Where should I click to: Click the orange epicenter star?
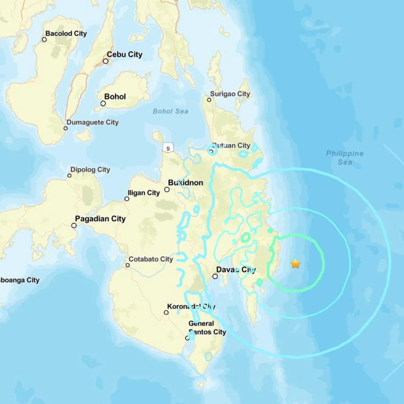[295, 264]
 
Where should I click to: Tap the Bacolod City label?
[66, 34]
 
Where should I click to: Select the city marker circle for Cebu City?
[106, 61]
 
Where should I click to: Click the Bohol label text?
[115, 96]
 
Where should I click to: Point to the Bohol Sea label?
[170, 111]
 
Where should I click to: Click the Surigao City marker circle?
[209, 100]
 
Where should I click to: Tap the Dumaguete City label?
[92, 122]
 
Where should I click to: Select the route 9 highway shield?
[168, 148]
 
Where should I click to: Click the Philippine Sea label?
[345, 158]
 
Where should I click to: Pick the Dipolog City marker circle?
[69, 176]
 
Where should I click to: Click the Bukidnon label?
[185, 182]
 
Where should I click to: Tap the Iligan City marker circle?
[127, 199]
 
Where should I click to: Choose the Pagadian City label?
[100, 219]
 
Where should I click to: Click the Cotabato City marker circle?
[127, 265]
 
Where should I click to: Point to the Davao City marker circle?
[215, 276]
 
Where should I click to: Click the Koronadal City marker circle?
[166, 312]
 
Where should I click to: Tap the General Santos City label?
[207, 327]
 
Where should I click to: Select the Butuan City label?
[231, 146]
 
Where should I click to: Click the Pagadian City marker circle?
[74, 225]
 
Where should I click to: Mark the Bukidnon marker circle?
[167, 189]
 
